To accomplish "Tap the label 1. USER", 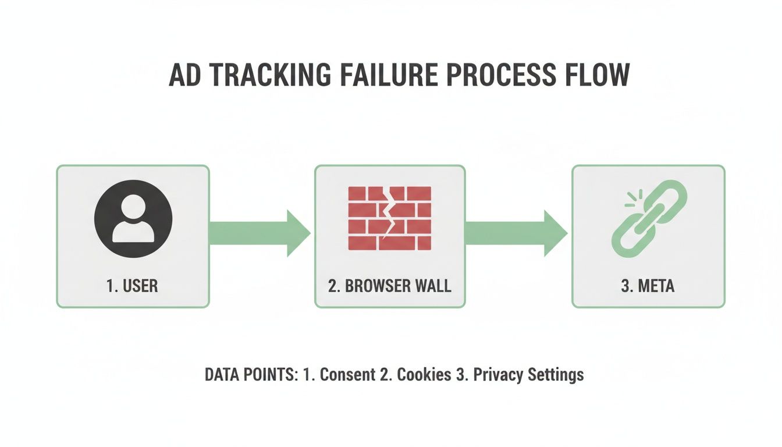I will click(132, 286).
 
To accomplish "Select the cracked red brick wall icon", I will click(389, 218).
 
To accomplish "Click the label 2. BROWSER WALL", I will click(389, 286).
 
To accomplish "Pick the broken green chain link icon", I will click(648, 218).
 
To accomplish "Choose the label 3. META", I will click(648, 286).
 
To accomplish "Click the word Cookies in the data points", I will click(424, 374).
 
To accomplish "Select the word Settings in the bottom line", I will click(556, 374).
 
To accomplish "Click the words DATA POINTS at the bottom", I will click(251, 374).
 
